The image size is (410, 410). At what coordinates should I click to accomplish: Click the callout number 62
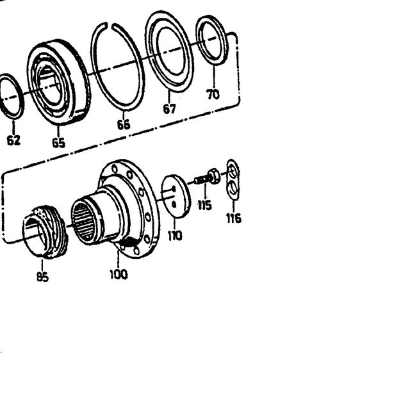click(x=13, y=141)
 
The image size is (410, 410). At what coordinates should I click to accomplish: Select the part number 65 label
click(x=58, y=143)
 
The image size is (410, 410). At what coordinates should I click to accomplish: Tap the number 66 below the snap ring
click(x=124, y=125)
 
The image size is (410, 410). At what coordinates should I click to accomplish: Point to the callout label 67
click(x=169, y=109)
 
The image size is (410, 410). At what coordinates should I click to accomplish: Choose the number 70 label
click(x=213, y=94)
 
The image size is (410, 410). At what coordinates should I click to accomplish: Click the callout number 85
click(x=42, y=277)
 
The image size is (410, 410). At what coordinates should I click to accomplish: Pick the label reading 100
click(x=119, y=275)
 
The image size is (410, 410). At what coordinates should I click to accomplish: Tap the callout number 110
click(x=175, y=236)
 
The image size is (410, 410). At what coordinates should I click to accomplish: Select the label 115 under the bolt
click(x=204, y=205)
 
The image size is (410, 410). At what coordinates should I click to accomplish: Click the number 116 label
click(x=233, y=218)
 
